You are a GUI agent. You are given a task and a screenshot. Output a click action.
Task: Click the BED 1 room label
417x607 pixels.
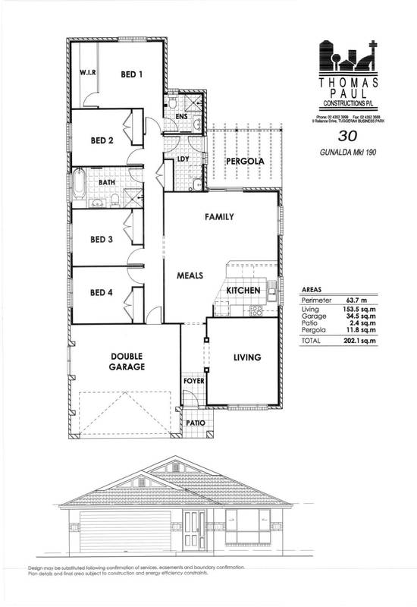tap(133, 74)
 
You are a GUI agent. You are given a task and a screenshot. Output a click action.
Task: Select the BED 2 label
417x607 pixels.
tap(102, 140)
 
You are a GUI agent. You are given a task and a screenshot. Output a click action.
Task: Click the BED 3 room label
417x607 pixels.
tap(102, 240)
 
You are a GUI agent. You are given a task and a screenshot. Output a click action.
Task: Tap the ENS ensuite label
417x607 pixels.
tap(181, 117)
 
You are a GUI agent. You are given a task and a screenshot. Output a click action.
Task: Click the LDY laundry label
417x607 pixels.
tap(183, 159)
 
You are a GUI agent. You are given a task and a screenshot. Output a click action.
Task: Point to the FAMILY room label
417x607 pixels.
tap(219, 217)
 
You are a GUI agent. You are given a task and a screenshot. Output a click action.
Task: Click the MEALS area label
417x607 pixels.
tap(190, 276)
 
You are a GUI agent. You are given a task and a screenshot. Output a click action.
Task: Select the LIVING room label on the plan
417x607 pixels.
tap(246, 357)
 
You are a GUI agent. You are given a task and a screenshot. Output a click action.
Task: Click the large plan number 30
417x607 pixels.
tap(348, 137)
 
